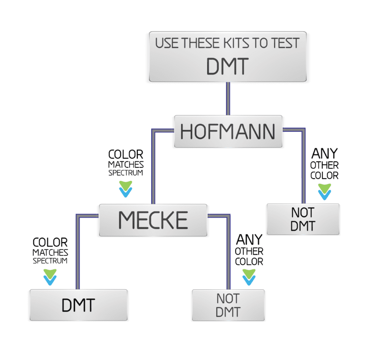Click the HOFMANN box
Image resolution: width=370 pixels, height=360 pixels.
(x=228, y=131)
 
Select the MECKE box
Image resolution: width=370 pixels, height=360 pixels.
(x=153, y=220)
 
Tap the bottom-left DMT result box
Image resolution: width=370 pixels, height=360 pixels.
(x=79, y=305)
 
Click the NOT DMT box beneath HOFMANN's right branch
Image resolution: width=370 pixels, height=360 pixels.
(x=303, y=219)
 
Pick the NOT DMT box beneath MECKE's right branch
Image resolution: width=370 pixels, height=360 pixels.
(x=228, y=305)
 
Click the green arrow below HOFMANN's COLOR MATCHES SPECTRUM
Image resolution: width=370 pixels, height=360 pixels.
(x=126, y=185)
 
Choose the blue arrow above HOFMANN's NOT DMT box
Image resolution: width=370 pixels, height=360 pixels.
(x=324, y=194)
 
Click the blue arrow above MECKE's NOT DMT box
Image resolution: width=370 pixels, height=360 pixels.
(x=249, y=280)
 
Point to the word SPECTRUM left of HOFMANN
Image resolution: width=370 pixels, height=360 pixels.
(x=125, y=173)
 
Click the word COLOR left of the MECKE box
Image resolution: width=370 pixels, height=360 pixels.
(x=50, y=242)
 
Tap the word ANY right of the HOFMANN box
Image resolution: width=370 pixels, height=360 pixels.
(x=324, y=154)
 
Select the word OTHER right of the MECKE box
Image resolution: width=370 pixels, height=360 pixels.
(x=249, y=251)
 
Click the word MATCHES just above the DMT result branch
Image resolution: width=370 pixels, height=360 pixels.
(x=50, y=252)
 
